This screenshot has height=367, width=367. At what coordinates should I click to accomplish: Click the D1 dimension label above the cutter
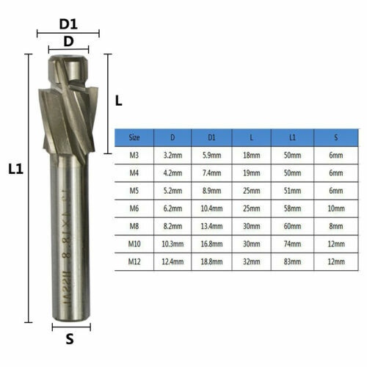pos(68,24)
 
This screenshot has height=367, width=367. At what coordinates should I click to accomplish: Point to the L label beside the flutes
pos(119,102)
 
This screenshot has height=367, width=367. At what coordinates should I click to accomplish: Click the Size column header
pos(134,137)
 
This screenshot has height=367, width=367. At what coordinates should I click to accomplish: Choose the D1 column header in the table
pos(211,137)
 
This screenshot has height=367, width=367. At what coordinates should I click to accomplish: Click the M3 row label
pos(134,156)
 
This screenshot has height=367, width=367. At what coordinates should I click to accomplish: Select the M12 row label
pos(134,261)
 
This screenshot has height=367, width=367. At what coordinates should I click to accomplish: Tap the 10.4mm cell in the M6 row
pos(211,208)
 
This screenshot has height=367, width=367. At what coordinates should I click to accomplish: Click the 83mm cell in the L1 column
pos(291,261)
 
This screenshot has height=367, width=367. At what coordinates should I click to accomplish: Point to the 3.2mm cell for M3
pos(172,156)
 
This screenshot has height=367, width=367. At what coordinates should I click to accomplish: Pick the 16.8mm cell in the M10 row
pos(211,244)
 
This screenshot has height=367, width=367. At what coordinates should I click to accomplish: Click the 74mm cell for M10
pos(291,244)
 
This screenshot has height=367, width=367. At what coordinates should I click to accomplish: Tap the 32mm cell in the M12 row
pos(251,261)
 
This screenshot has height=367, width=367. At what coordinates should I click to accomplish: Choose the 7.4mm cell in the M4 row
pos(211,173)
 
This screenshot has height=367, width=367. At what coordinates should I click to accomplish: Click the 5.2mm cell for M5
pos(172,191)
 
